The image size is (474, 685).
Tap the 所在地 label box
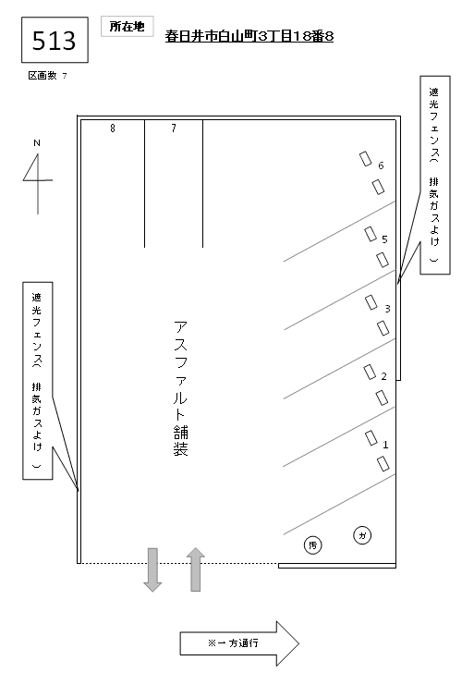pyautogui.click(x=127, y=28)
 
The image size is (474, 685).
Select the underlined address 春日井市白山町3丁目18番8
pyautogui.click(x=249, y=37)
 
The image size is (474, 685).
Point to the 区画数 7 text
pyautogui.click(x=47, y=76)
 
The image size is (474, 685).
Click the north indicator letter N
pyautogui.click(x=37, y=143)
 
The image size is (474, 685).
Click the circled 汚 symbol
pyautogui.click(x=312, y=545)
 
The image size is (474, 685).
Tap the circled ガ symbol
pyautogui.click(x=362, y=535)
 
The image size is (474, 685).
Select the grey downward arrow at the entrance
pyautogui.click(x=153, y=569)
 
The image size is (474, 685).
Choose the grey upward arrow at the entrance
pyautogui.click(x=195, y=569)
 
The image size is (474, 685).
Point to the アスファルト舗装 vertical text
pyautogui.click(x=180, y=389)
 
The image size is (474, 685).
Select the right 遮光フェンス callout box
pyautogui.click(x=435, y=174)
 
